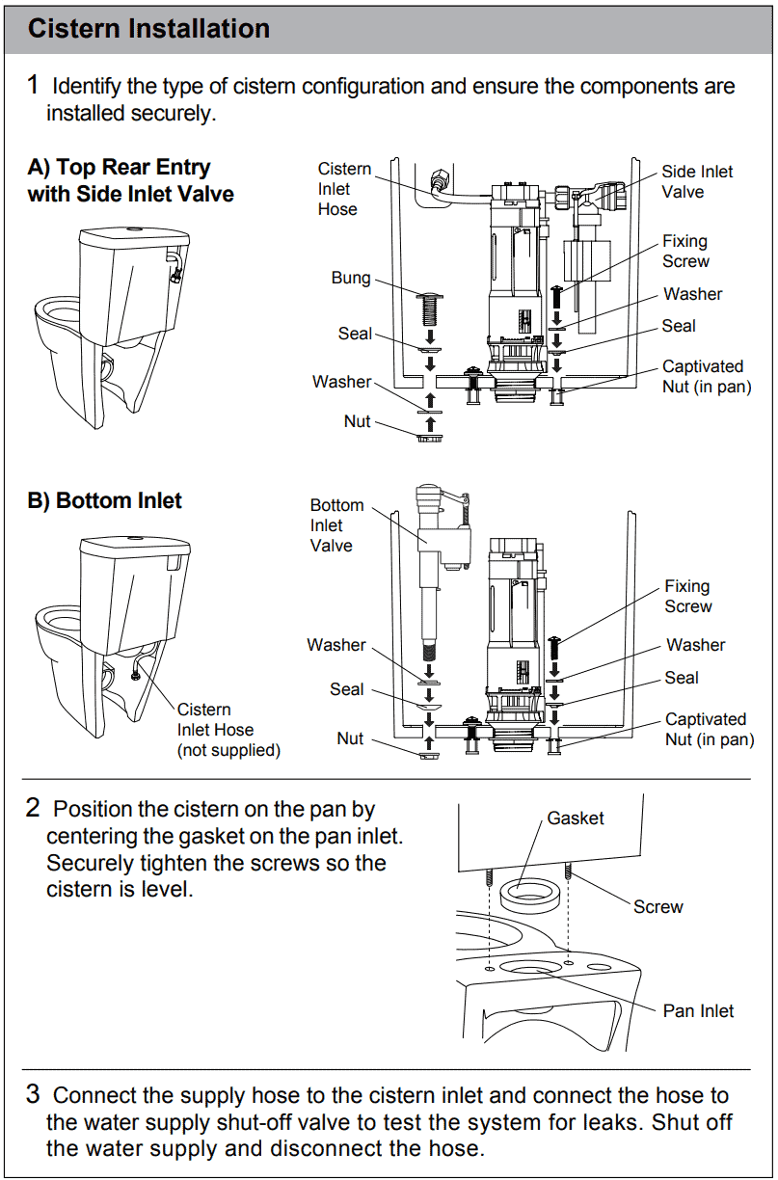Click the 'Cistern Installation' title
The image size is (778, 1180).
click(x=148, y=29)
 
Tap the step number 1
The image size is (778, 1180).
click(x=33, y=85)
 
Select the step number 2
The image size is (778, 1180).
click(x=33, y=808)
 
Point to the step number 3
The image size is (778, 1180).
click(x=33, y=1094)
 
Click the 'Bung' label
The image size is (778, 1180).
click(x=351, y=278)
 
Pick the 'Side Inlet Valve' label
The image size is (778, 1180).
click(x=696, y=181)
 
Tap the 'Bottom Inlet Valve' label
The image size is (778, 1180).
click(x=336, y=525)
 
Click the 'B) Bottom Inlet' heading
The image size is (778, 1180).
click(x=104, y=500)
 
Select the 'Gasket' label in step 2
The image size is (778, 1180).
click(x=575, y=818)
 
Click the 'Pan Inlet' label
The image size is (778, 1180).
click(x=698, y=1010)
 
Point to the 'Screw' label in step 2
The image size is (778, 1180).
click(x=657, y=907)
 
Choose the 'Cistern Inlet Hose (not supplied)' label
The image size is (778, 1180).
click(x=228, y=730)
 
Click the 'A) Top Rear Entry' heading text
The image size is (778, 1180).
click(x=119, y=168)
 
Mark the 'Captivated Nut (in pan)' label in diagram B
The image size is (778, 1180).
click(x=709, y=730)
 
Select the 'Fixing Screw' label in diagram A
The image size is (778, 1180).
click(x=685, y=251)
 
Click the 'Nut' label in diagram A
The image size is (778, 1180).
click(x=358, y=421)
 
